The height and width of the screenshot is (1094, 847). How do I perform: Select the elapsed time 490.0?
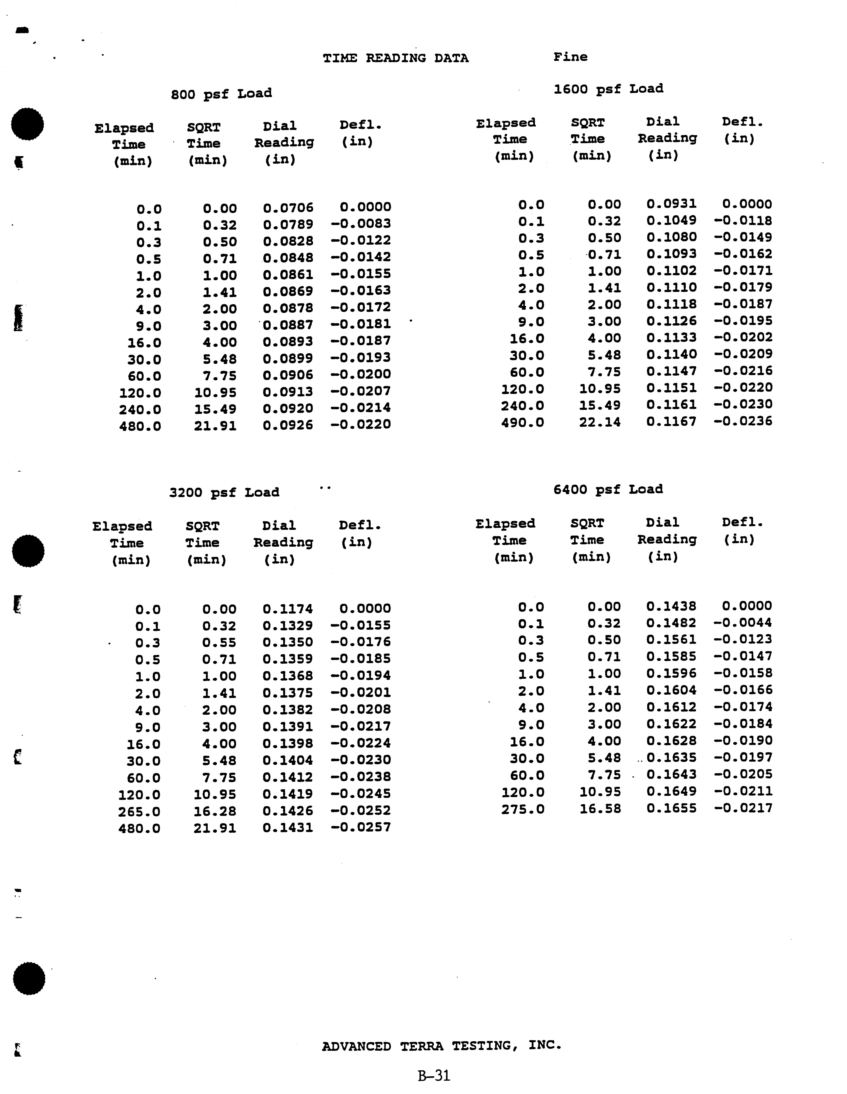tap(522, 422)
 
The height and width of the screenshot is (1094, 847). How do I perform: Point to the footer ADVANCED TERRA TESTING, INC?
tap(441, 1046)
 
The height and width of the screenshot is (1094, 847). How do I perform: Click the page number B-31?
tap(434, 1076)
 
